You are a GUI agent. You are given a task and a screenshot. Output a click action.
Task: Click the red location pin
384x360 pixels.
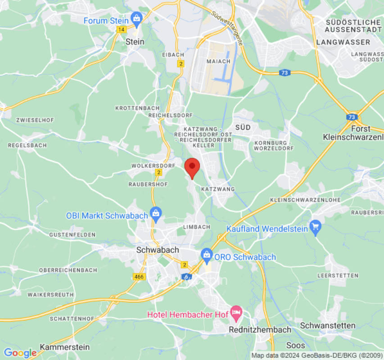tap(192, 167)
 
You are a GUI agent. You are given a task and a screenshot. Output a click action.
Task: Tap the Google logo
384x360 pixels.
tap(20, 353)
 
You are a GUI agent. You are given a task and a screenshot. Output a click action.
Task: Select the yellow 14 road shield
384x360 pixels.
tap(121, 29)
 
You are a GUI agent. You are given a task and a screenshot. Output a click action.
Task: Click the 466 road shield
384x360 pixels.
tap(139, 277)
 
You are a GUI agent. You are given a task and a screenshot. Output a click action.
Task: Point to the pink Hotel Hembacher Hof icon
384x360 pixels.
tap(236, 311)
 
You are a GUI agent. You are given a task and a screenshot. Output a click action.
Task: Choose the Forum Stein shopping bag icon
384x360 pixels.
tap(136, 18)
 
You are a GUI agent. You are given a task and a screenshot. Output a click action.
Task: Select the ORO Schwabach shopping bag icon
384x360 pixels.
tap(207, 254)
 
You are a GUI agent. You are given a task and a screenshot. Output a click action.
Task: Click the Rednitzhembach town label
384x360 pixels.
tap(260, 330)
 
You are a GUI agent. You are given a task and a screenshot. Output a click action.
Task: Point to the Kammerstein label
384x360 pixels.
tap(65, 347)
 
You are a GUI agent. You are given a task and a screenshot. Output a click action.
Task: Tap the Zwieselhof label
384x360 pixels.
tap(35, 121)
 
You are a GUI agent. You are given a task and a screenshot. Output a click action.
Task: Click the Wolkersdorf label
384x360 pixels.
tap(153, 166)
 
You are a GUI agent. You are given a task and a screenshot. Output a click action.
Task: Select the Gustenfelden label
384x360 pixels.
tap(72, 235)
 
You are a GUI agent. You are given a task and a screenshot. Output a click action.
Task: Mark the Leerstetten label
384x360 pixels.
tap(338, 275)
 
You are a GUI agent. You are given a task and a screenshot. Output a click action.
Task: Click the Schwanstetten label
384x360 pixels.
tap(327, 325)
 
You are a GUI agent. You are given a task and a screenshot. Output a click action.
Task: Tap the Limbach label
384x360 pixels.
tap(197, 226)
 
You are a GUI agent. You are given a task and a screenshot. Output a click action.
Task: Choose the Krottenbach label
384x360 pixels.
tap(137, 108)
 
